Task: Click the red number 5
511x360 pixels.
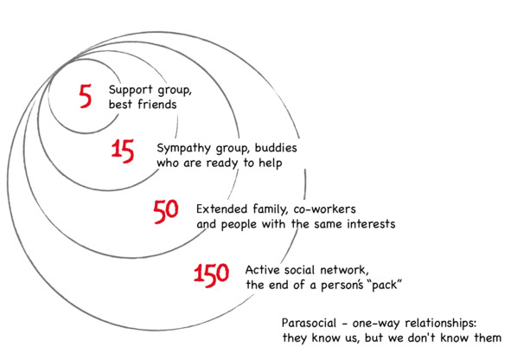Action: point(86,96)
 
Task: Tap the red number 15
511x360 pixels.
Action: point(123,151)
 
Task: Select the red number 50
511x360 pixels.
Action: point(166,211)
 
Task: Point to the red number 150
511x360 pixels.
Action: point(212,275)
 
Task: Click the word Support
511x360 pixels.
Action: point(131,90)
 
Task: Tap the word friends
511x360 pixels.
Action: point(156,105)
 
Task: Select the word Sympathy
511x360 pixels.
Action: point(184,149)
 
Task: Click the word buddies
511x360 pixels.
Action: point(276,148)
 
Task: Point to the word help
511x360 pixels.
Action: point(271,164)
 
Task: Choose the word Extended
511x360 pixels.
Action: point(221,209)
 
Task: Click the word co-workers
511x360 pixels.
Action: point(324,209)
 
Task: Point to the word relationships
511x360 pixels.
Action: point(440,324)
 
